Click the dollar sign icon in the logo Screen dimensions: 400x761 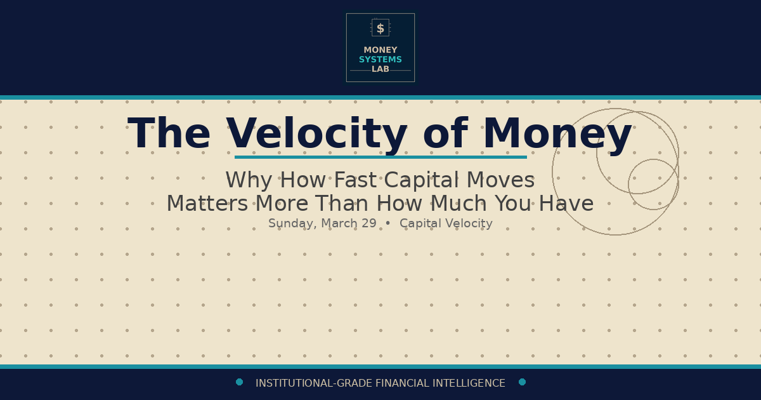380,28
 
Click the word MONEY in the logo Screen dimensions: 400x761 380,50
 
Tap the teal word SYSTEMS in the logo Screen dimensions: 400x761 380,60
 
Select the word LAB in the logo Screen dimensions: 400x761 380,69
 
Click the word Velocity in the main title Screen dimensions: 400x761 316,135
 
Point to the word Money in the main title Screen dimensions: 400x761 557,135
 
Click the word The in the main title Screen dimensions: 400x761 169,135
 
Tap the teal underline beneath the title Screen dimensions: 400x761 380,157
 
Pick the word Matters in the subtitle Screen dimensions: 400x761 207,204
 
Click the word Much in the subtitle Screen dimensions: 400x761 460,204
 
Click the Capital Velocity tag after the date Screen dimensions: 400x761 446,223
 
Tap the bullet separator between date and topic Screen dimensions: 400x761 388,223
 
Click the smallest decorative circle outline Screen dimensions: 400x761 653,160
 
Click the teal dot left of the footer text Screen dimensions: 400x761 239,382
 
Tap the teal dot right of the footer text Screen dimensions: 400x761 522,382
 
